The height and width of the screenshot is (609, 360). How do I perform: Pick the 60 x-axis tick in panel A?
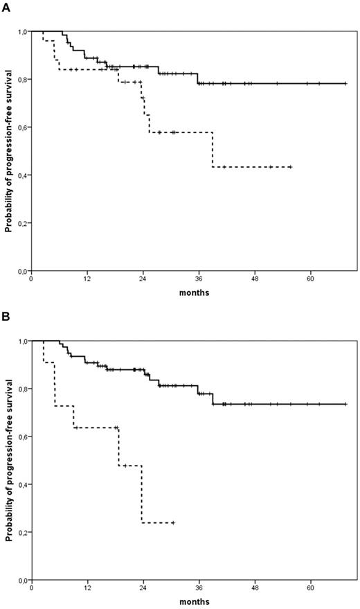pos(311,280)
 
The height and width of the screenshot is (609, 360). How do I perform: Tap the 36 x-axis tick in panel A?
pos(199,280)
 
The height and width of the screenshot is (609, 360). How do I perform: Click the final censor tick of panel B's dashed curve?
pos(172,522)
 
